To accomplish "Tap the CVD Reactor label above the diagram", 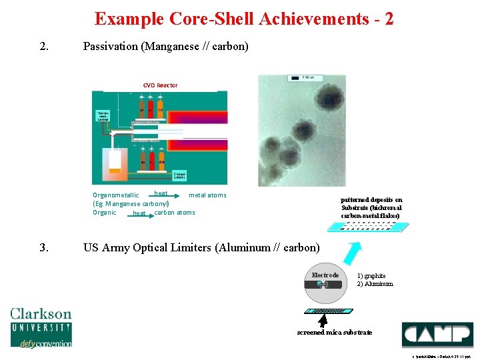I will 160,85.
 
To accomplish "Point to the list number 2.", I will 43,47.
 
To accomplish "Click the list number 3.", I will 43,248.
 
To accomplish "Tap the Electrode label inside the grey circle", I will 325,275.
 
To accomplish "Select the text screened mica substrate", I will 334,332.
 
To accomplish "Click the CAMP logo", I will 437,334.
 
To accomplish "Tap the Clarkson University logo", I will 41,326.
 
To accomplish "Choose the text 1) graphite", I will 371,275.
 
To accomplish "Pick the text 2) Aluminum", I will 375,284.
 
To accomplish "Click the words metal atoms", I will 207,195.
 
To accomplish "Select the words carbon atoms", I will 175,213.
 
